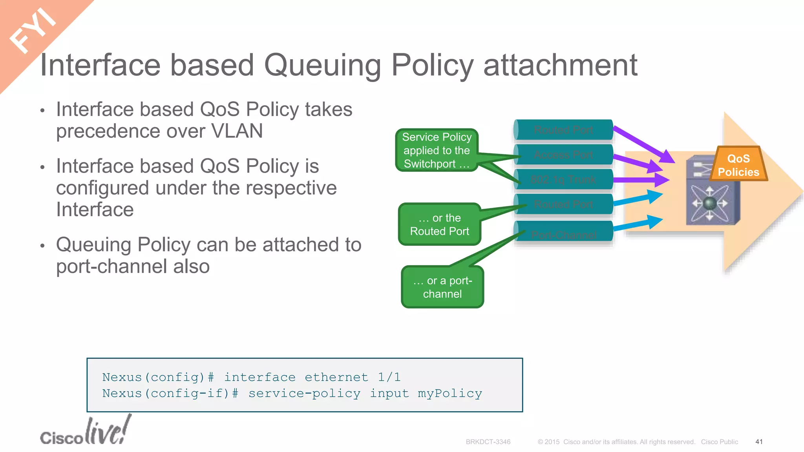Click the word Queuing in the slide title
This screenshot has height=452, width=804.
[x=322, y=65]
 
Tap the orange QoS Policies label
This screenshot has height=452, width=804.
[x=738, y=165]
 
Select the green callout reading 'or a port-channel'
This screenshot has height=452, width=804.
[x=442, y=287]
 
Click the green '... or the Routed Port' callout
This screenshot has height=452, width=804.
[x=439, y=224]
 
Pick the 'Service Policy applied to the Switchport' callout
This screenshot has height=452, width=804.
[x=437, y=150]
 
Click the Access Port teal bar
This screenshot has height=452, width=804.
[x=563, y=155]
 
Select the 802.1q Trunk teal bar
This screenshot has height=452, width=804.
[x=563, y=179]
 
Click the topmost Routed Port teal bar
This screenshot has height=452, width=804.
[x=563, y=130]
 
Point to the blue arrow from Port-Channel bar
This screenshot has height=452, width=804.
[x=638, y=224]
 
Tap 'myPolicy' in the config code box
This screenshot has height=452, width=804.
[x=450, y=394]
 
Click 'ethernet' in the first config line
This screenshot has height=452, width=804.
[x=336, y=377]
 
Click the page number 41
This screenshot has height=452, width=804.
[x=759, y=442]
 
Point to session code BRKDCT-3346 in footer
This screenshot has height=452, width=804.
[x=488, y=442]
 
